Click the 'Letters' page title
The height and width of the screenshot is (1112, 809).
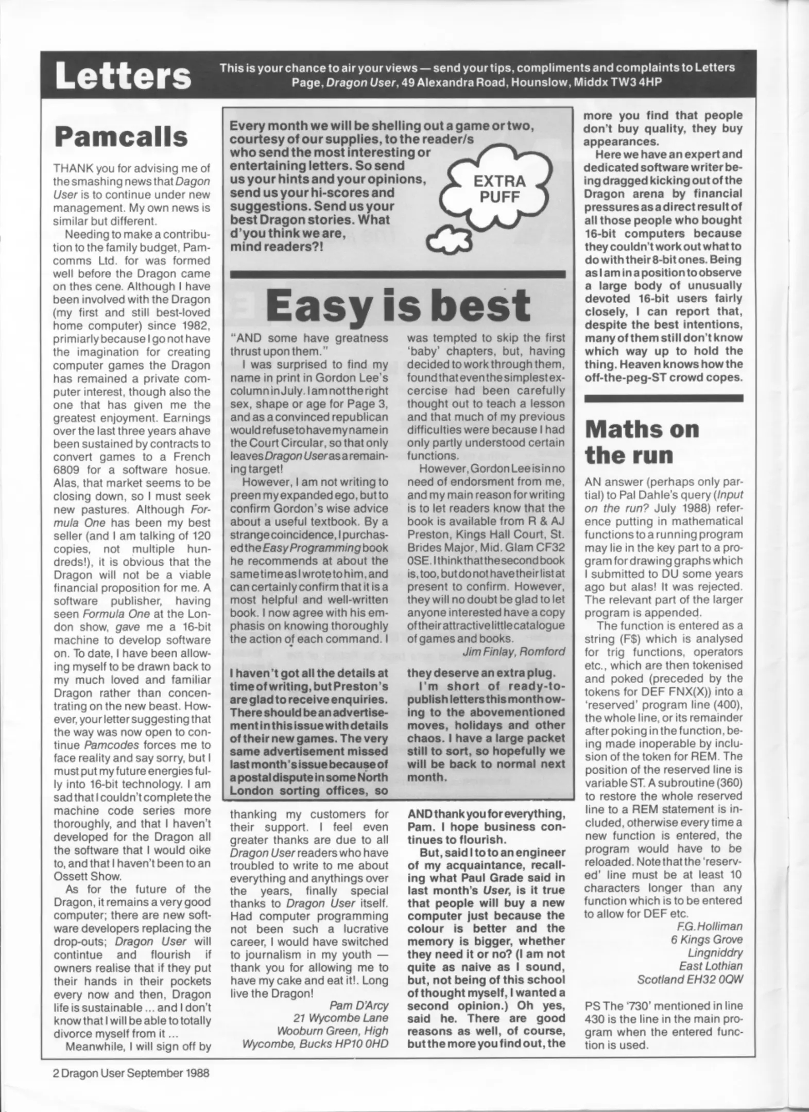123,76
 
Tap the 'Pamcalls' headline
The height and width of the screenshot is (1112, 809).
121,137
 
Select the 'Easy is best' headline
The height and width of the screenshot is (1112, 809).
398,306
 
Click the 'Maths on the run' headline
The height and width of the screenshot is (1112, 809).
642,442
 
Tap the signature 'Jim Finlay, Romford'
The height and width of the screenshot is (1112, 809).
513,651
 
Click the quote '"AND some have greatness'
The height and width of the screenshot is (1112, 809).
309,338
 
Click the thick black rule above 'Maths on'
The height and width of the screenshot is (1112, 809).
664,398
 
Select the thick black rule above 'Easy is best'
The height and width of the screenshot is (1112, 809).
398,274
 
